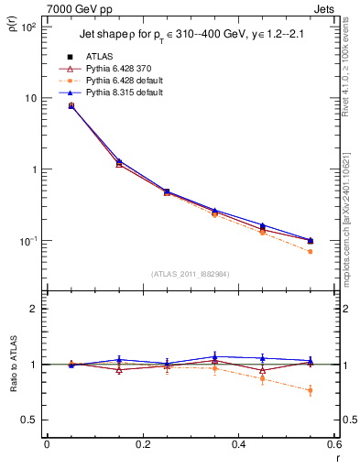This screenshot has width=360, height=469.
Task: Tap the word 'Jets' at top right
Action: (324, 9)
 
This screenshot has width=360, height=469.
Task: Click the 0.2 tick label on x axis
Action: (142, 444)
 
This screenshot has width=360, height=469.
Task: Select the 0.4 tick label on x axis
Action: (238, 444)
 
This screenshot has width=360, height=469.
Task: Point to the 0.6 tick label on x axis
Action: (333, 444)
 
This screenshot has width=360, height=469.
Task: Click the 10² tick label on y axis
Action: (28, 27)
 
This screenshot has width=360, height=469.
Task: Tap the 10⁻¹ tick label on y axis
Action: (27, 241)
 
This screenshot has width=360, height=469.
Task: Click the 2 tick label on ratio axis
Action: (34, 309)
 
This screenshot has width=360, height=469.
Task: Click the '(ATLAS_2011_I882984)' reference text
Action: (190, 273)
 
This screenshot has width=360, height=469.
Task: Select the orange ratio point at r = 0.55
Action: (311, 390)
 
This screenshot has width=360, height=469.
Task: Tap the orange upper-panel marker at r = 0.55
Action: (311, 251)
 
